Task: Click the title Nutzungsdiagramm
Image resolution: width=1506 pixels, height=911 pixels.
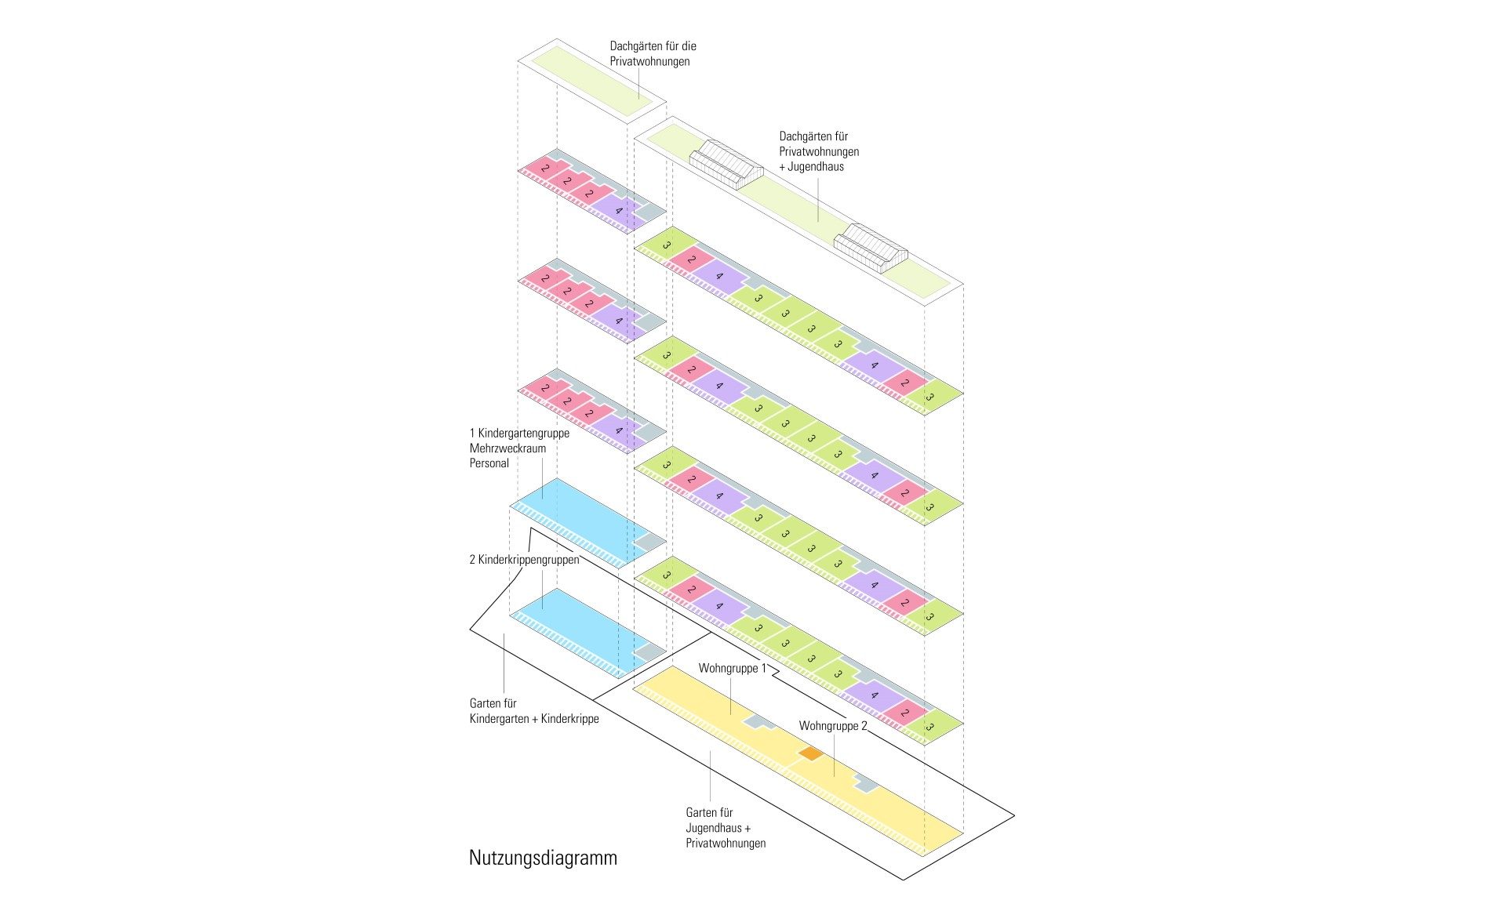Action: click(x=543, y=858)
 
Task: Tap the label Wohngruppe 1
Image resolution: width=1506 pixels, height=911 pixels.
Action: click(x=733, y=669)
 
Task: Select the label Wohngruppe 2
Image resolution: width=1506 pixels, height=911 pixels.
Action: click(x=833, y=726)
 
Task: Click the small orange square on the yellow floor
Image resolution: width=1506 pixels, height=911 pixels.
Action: click(x=810, y=753)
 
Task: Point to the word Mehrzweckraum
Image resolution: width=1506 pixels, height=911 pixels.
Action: click(x=507, y=448)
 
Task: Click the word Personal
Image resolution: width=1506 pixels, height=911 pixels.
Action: click(x=489, y=463)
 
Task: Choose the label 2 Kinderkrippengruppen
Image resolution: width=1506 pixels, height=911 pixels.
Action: click(x=524, y=560)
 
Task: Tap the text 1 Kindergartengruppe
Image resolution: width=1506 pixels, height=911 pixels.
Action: click(x=519, y=433)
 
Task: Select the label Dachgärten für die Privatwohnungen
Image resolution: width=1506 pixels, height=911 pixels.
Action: click(x=653, y=53)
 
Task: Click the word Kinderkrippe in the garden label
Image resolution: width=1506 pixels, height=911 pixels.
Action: click(x=569, y=719)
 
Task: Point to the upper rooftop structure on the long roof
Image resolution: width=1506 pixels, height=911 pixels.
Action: click(x=726, y=163)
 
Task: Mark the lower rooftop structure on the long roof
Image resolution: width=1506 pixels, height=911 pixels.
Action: click(x=870, y=248)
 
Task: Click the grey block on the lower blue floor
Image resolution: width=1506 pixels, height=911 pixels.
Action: click(x=648, y=651)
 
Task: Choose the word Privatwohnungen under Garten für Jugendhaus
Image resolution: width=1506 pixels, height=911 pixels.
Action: click(x=726, y=844)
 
